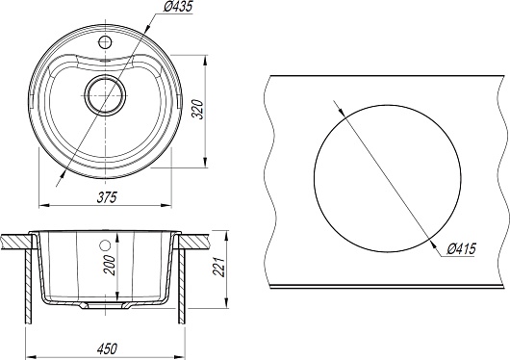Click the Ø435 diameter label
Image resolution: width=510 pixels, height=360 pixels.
[x=178, y=7]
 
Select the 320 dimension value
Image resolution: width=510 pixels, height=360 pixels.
[x=198, y=110]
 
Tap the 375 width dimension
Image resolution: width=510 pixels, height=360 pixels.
[x=107, y=197]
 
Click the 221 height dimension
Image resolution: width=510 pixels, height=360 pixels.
[x=219, y=267]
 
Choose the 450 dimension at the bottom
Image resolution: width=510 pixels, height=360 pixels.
[x=107, y=349]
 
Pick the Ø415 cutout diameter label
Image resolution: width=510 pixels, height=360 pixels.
[x=461, y=249]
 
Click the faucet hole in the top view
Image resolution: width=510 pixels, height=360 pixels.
[x=105, y=42]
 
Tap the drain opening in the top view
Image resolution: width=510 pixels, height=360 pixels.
[x=105, y=95]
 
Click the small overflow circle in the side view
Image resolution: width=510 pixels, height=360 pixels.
[x=106, y=245]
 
